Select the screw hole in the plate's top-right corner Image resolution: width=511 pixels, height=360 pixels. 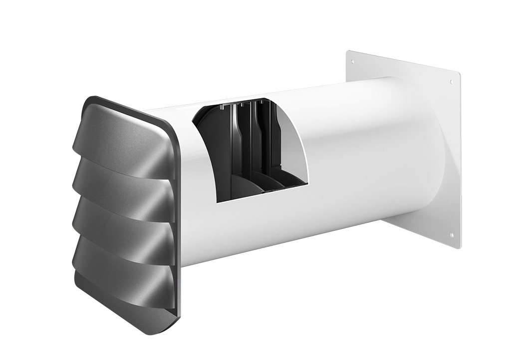452,82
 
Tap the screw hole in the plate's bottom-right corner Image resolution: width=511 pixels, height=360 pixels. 452,235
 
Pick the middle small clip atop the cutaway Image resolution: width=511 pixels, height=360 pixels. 242,104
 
